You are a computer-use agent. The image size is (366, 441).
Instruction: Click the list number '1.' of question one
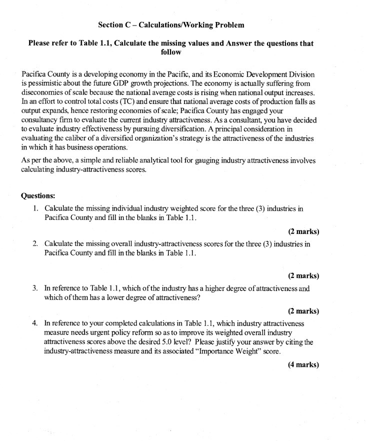pos(36,207)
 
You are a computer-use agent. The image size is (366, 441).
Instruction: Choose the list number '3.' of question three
pos(36,288)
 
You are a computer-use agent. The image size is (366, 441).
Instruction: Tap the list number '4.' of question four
pos(36,323)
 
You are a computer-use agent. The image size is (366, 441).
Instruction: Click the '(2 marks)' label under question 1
pos(303,231)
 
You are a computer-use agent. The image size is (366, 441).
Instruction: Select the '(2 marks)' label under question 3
pos(303,311)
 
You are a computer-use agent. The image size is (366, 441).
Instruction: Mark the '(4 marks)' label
pos(303,364)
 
